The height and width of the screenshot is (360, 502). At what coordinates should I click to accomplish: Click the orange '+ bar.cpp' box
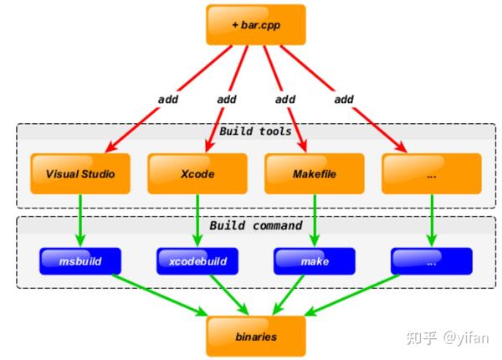[x=255, y=24]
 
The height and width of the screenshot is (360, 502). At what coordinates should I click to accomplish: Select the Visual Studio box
[x=79, y=175]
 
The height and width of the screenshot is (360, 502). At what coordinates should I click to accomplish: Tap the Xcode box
[x=197, y=175]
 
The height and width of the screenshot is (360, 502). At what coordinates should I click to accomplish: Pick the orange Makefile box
[x=314, y=175]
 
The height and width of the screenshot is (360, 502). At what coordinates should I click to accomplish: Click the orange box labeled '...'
[x=431, y=175]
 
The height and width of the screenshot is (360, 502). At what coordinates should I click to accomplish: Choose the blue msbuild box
[x=80, y=261]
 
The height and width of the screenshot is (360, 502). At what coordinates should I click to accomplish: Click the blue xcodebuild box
[x=197, y=261]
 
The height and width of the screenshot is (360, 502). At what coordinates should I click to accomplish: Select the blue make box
[x=315, y=261]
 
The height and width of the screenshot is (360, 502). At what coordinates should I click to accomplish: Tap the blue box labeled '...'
[x=432, y=261]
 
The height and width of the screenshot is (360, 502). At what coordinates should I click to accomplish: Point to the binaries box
[x=255, y=336]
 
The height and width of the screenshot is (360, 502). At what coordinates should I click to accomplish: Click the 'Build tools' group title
[x=255, y=131]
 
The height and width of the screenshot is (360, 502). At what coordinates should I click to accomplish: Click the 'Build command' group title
[x=255, y=225]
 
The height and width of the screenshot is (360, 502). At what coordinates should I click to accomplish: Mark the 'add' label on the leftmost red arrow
[x=168, y=99]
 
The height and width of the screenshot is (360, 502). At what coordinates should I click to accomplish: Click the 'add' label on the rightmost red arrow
[x=343, y=99]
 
